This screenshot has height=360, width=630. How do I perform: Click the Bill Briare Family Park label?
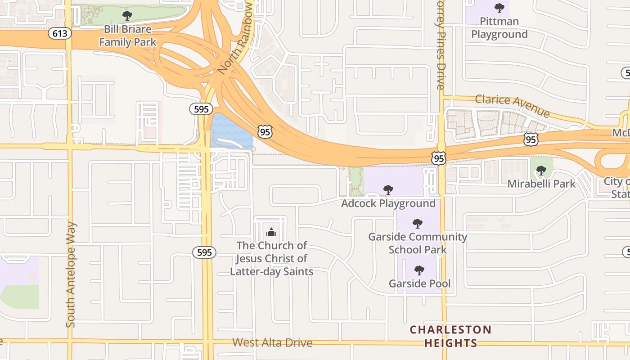(128, 36)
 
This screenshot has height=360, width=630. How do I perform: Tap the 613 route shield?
(59, 33)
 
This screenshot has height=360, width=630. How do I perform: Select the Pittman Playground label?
(499, 27)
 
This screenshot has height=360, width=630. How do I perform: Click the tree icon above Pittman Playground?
(499, 8)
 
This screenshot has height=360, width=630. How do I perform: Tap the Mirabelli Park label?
(541, 184)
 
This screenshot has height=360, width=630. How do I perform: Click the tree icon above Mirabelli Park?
(541, 171)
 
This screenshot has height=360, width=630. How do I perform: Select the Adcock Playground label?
(388, 203)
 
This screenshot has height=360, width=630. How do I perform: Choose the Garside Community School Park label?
(418, 243)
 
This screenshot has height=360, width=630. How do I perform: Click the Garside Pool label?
(419, 283)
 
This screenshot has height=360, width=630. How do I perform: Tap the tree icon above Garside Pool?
(419, 270)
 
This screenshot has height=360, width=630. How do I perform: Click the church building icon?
(271, 233)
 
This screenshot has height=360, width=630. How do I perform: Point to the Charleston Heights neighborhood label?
(450, 336)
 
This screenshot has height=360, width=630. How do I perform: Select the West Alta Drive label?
(272, 342)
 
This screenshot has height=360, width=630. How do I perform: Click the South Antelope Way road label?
(71, 274)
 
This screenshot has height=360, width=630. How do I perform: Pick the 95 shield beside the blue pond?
(265, 132)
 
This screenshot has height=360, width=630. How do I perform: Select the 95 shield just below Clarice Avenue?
(531, 139)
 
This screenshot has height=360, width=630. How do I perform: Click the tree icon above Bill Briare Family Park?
(127, 16)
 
